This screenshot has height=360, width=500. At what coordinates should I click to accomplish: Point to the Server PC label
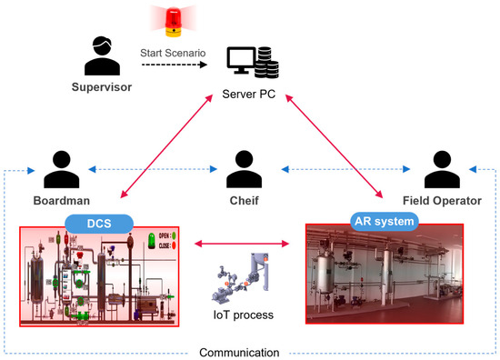point(249,95)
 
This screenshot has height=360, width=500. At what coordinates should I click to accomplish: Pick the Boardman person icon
point(61,169)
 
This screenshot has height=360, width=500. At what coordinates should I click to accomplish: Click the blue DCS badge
point(98,223)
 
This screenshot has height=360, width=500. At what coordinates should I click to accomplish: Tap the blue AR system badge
point(384,221)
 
